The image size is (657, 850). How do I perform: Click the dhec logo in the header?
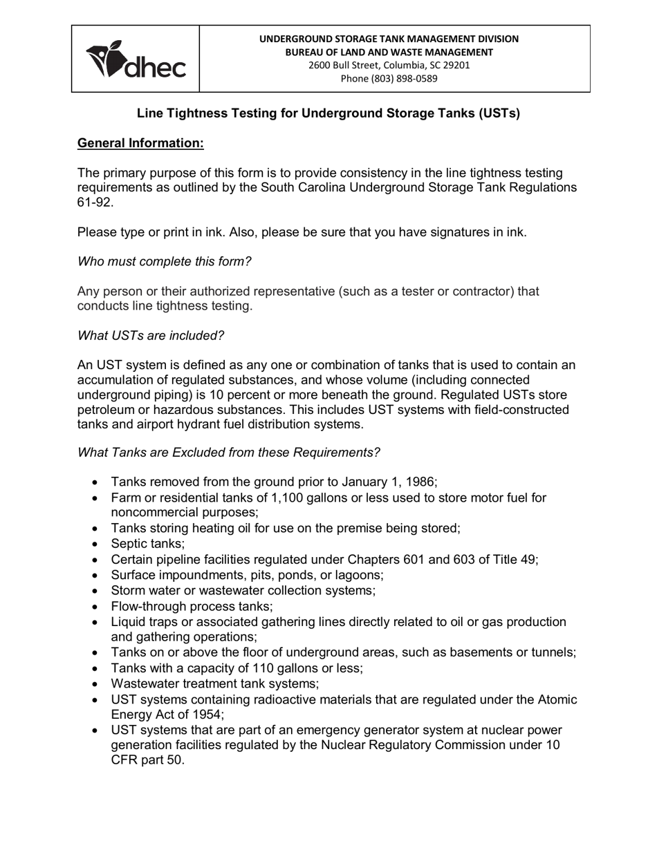(x=136, y=59)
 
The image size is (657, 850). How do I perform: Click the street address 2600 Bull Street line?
(x=389, y=65)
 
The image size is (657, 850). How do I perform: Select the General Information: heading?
(x=140, y=143)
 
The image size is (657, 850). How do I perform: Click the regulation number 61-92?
(x=95, y=202)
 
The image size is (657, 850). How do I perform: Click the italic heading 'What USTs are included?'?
(x=151, y=335)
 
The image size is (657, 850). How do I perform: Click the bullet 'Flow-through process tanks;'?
(x=192, y=606)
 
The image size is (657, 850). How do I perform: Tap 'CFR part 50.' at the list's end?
(x=147, y=760)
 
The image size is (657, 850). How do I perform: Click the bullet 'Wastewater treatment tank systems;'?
(x=214, y=684)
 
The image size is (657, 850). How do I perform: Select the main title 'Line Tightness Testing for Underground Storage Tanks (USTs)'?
(x=328, y=113)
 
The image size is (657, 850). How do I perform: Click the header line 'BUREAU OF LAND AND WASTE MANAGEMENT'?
(x=389, y=52)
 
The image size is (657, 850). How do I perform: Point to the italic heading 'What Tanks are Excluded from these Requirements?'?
(x=228, y=452)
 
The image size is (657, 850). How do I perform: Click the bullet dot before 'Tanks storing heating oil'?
(x=95, y=529)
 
